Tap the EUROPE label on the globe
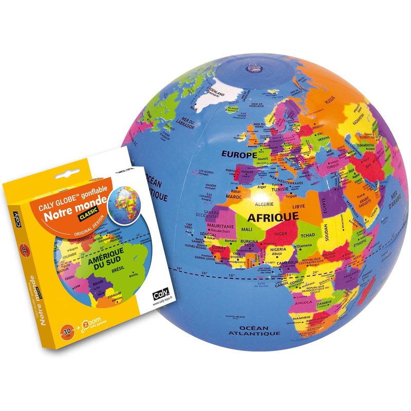tap(239, 154)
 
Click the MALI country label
tap(247, 230)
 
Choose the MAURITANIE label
tap(220, 226)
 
